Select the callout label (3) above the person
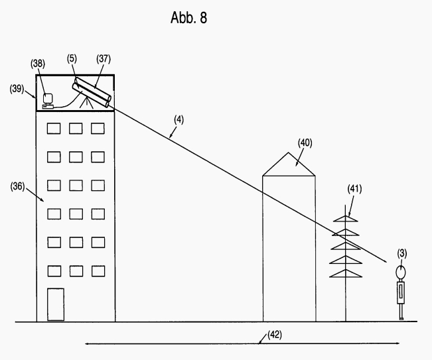pyautogui.click(x=402, y=253)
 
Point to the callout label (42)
pyautogui.click(x=274, y=334)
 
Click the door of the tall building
pyautogui.click(x=55, y=304)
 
